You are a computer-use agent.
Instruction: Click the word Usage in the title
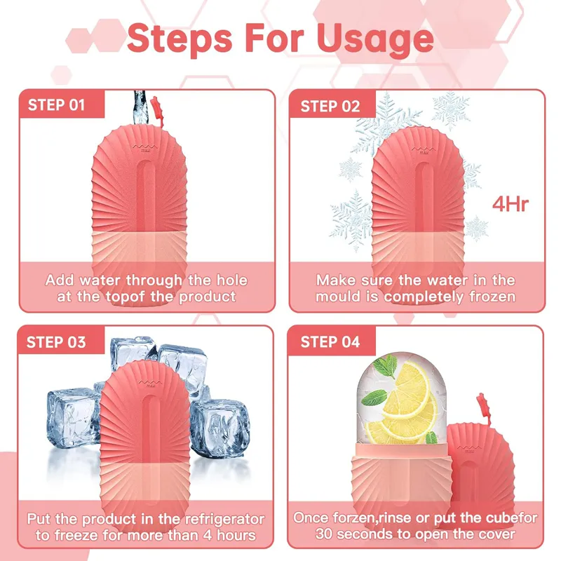tap(375, 39)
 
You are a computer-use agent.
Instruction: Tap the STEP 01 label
tap(57, 105)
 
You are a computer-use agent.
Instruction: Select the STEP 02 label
tap(330, 107)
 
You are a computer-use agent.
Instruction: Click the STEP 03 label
tap(56, 342)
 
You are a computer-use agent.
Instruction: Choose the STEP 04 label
tap(330, 342)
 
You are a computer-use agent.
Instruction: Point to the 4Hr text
tap(511, 204)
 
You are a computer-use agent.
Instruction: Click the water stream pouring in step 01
tap(140, 107)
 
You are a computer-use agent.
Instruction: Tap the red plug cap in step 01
tap(156, 110)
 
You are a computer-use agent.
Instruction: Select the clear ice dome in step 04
tap(401, 398)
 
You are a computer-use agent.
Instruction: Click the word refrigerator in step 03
tap(224, 519)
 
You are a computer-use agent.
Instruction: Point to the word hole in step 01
tap(232, 280)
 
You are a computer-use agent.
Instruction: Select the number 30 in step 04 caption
tap(324, 534)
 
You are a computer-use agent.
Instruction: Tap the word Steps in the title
tap(180, 39)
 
